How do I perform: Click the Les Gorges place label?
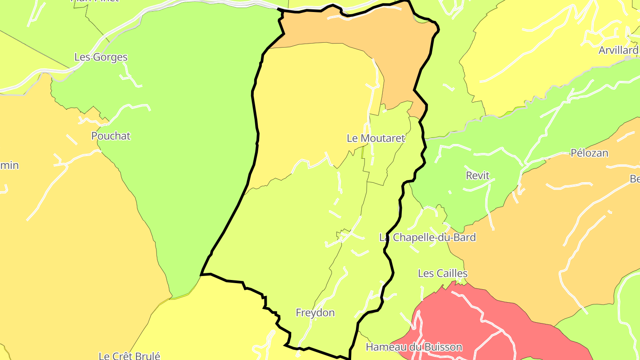[101, 57]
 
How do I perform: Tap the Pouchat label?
[111, 136]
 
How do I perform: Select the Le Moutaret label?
[376, 138]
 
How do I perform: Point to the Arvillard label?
[618, 50]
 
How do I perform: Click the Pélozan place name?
[589, 153]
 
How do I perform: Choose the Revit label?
[477, 176]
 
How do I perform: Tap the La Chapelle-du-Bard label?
[427, 237]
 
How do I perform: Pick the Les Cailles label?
[442, 273]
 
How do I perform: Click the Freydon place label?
[315, 313]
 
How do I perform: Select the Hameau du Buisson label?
[414, 347]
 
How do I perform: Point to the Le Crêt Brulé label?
[129, 356]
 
